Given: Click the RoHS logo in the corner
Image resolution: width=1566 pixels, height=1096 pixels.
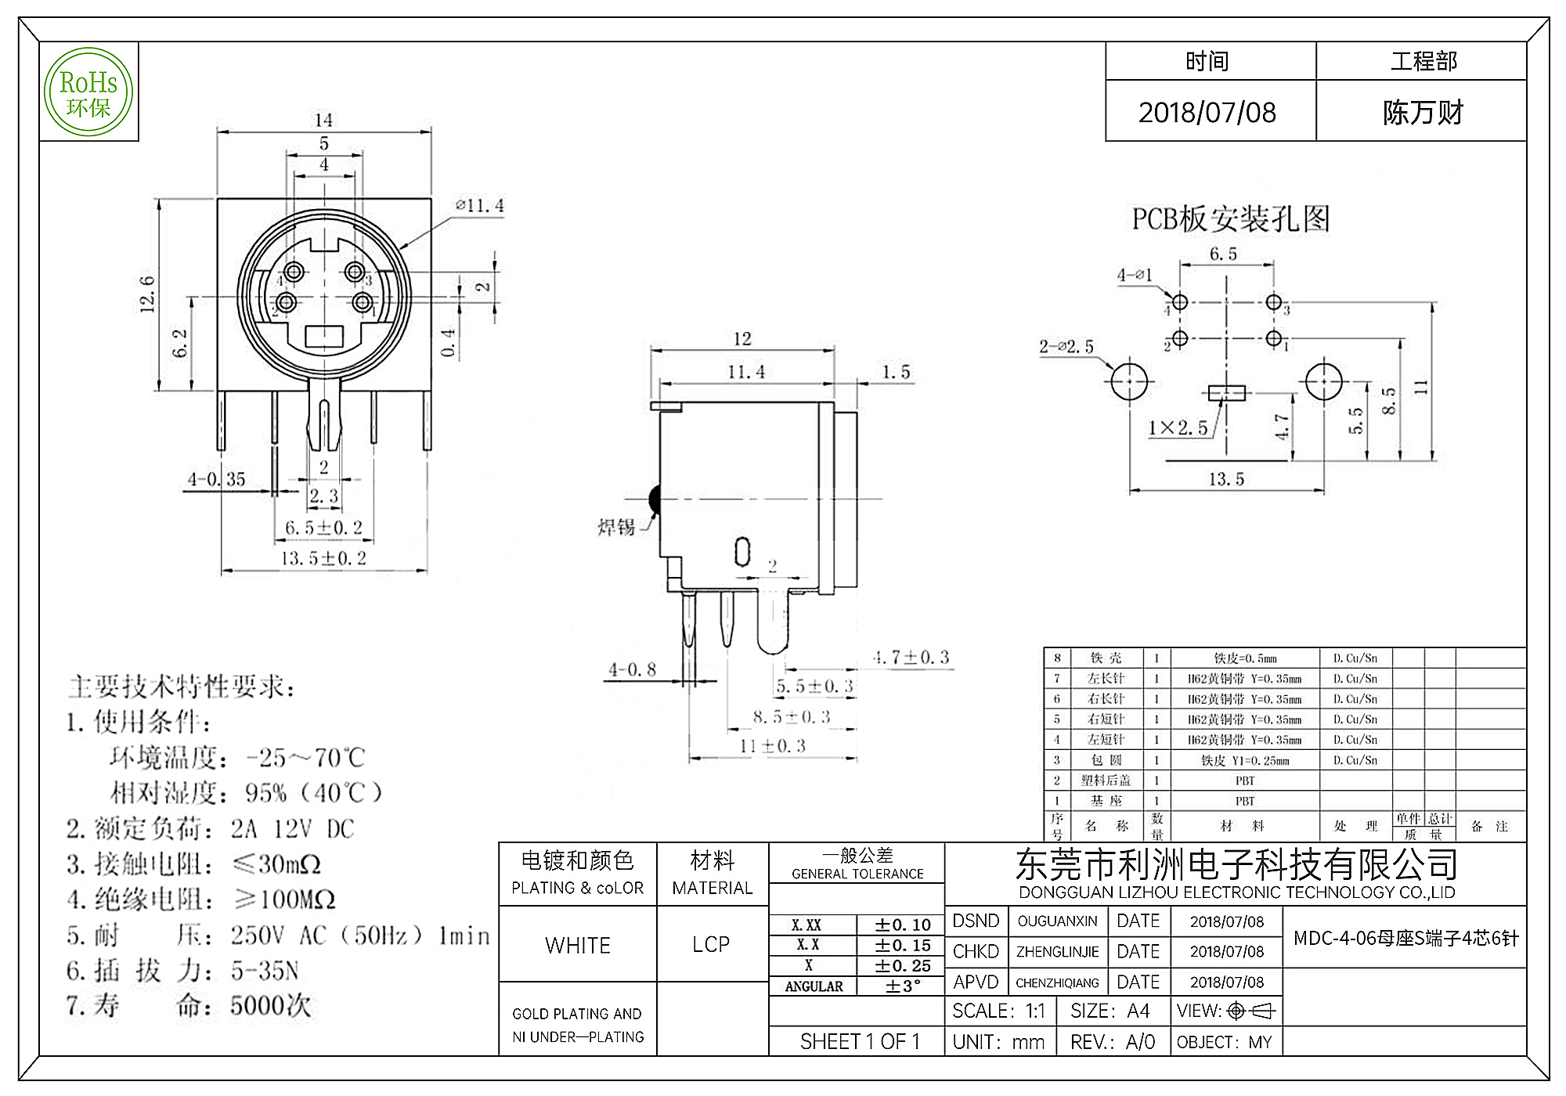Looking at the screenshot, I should point(88,92).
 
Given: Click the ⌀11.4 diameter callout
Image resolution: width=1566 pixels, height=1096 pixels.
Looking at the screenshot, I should point(479,206).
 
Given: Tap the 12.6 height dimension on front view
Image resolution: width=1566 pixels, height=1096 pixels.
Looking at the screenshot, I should point(147,294).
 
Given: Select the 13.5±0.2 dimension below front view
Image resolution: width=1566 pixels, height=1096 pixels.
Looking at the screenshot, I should point(323,558).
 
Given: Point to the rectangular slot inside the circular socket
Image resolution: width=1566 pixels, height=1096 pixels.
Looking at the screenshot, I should point(323,337).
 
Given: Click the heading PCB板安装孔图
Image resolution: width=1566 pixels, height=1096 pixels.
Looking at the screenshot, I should point(1230,219).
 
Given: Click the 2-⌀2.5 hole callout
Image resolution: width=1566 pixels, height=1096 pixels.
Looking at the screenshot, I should point(1066,347).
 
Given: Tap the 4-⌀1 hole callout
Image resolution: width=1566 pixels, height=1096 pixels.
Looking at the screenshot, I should point(1134,275).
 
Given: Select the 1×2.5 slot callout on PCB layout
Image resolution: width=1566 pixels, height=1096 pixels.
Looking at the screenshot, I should point(1177,428).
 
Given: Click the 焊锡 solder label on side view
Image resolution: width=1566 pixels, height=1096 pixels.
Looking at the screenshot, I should point(616,527).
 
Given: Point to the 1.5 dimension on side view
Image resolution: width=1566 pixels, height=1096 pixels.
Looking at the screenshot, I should point(896,372).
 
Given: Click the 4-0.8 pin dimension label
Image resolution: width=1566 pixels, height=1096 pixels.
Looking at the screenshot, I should point(632,669).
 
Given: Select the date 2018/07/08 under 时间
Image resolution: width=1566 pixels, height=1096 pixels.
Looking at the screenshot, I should point(1207,113).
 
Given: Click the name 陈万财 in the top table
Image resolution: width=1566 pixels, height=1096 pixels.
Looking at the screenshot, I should point(1422,113).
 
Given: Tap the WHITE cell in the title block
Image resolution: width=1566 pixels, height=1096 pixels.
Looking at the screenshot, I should point(578,945).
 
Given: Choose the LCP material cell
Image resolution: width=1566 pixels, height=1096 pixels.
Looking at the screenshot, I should point(711,945).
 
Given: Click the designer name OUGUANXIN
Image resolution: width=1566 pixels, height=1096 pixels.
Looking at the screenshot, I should point(1057,921).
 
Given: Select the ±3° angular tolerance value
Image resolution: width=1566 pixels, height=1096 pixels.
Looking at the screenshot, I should point(903,986).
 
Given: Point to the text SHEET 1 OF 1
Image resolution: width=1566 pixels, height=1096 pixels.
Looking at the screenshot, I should point(859,1041).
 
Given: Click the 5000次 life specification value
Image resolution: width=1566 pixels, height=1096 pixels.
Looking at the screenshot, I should point(270,1006).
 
